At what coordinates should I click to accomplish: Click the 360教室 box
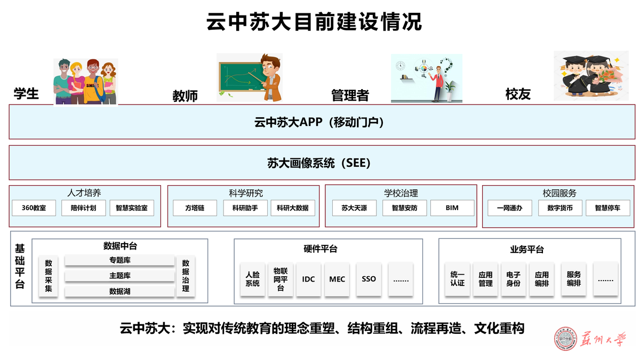tap(34, 208)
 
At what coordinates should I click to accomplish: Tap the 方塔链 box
tap(195, 208)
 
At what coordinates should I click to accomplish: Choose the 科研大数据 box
tap(293, 208)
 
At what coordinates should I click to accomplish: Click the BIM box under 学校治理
tap(452, 208)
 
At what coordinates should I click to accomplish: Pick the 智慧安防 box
tap(404, 208)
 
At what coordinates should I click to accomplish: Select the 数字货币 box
tap(560, 208)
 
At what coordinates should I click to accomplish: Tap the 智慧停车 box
tap(608, 208)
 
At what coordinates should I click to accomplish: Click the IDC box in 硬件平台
tap(308, 279)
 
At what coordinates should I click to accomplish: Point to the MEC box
tap(337, 279)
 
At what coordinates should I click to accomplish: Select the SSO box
tap(369, 279)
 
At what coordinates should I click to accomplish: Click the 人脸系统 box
tap(252, 279)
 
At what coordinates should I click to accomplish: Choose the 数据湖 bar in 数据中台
tap(120, 291)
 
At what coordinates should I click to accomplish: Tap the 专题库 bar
tap(120, 260)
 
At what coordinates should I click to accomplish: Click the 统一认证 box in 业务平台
tap(457, 279)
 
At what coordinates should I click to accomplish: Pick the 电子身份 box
tap(513, 279)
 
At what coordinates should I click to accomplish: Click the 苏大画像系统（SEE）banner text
tap(319, 163)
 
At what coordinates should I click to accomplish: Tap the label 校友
tap(518, 94)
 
